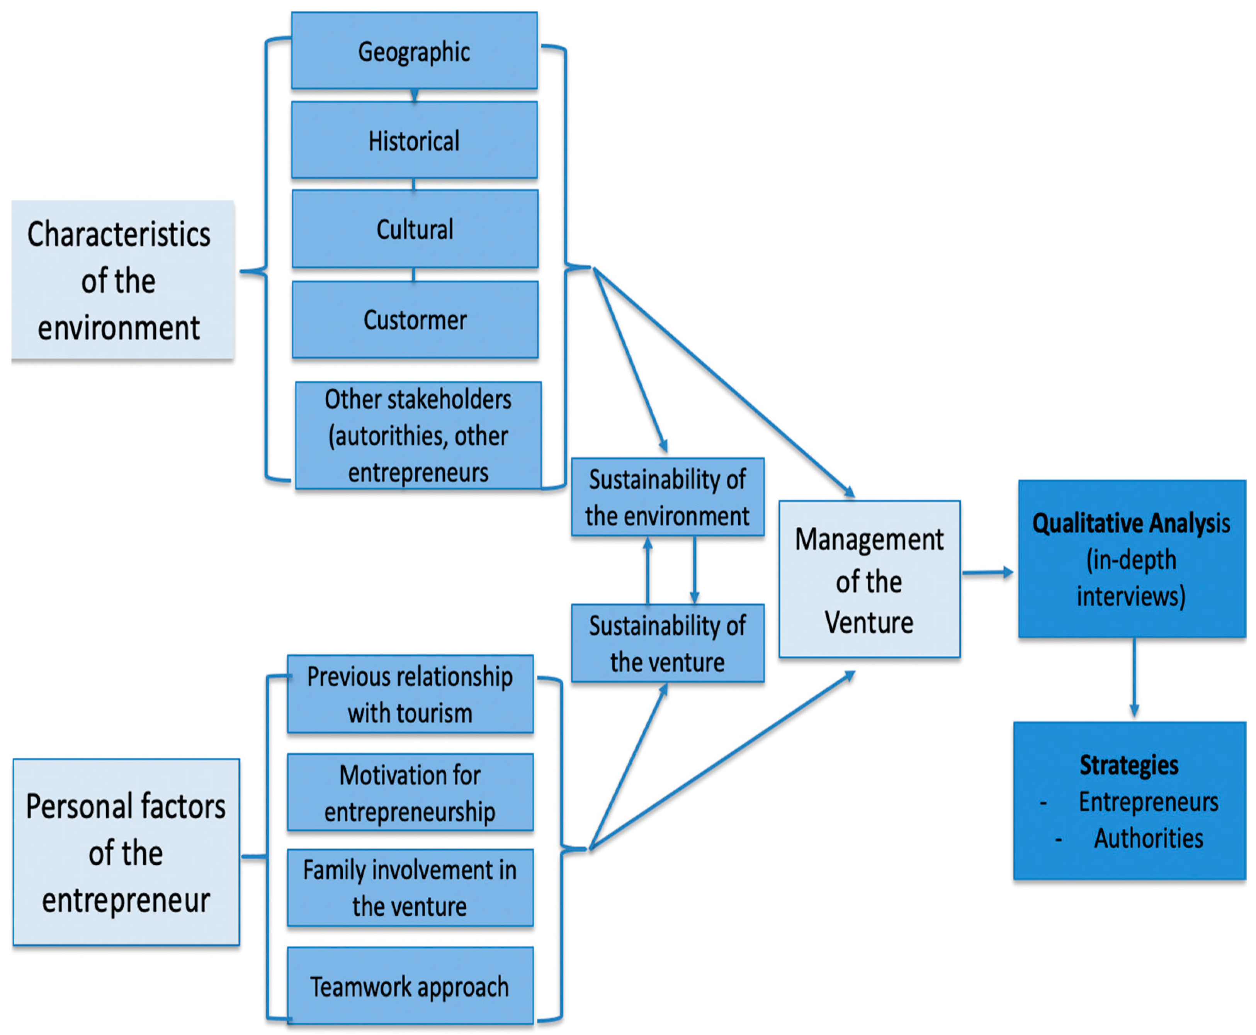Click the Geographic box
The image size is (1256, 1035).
pyautogui.click(x=414, y=51)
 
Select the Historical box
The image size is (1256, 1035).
pyautogui.click(x=414, y=141)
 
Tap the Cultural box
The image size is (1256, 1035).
pyautogui.click(x=415, y=229)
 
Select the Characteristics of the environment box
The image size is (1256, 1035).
pyautogui.click(x=122, y=280)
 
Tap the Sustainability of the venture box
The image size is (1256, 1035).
pyautogui.click(x=667, y=644)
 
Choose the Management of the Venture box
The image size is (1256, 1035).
pyautogui.click(x=869, y=580)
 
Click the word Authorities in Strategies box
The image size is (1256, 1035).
pyautogui.click(x=1148, y=838)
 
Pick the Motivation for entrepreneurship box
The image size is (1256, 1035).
pyautogui.click(x=410, y=793)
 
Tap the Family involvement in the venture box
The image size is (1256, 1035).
pyautogui.click(x=410, y=888)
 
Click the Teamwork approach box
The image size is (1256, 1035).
pyautogui.click(x=410, y=987)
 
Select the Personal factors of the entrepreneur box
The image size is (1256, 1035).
pyautogui.click(x=126, y=853)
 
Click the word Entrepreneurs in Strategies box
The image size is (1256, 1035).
pyautogui.click(x=1148, y=802)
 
